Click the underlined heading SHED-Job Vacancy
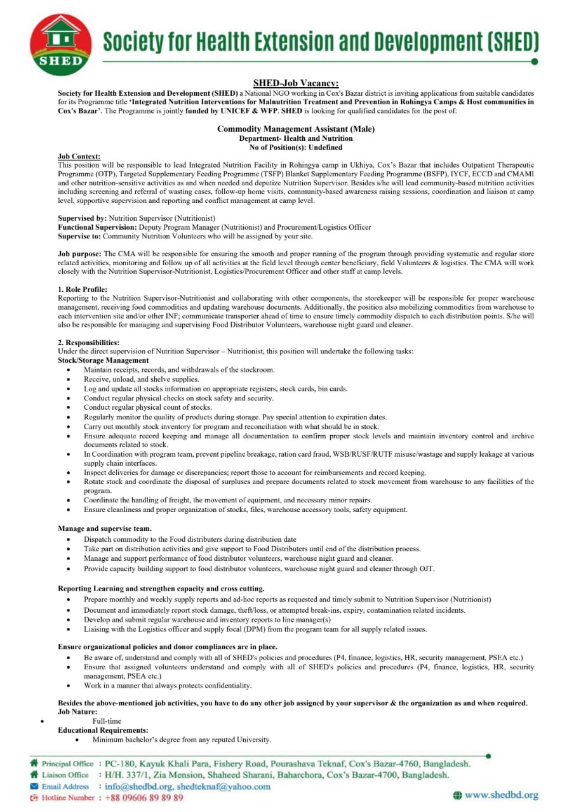coord(295,83)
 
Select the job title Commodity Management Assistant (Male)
coord(295,129)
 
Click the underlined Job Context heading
coord(79,156)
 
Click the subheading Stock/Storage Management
coord(103,360)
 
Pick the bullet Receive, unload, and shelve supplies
coord(141,379)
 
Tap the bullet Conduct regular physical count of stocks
coord(147,407)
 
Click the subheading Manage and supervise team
coord(105,528)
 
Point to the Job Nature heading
coord(77,712)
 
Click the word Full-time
coord(107,721)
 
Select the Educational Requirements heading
coord(103,730)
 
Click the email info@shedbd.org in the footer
coord(138,786)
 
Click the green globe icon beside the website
coord(457,795)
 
